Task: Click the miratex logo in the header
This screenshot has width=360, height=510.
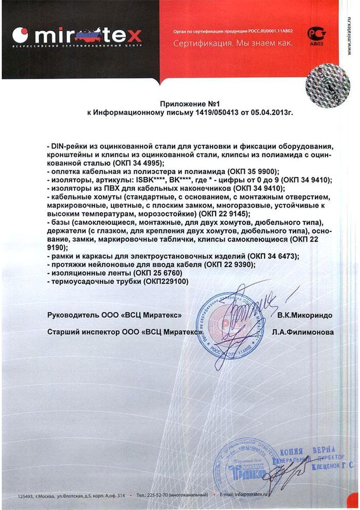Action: [77, 34]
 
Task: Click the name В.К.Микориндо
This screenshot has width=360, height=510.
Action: [304, 315]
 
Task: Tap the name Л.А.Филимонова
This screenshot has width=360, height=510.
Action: [302, 332]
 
